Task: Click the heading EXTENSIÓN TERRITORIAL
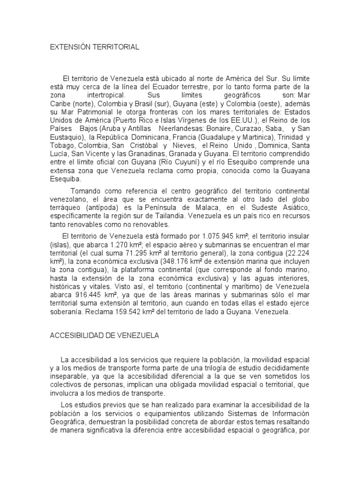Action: [x=95, y=47]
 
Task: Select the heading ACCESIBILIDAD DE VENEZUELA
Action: [x=105, y=335]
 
